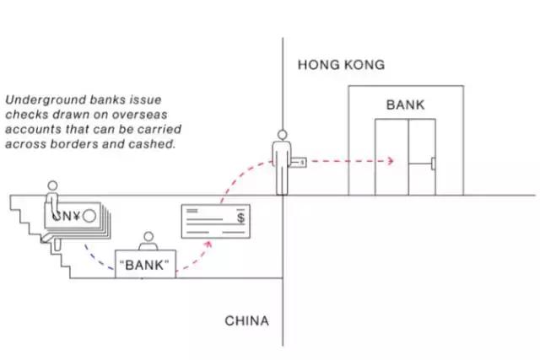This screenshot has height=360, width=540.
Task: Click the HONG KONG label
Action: [340, 65]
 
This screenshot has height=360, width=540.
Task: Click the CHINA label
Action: [246, 321]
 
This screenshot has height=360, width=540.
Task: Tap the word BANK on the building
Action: [406, 105]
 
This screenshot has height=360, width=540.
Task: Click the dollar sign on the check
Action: [242, 218]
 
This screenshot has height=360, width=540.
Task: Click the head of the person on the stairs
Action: [52, 185]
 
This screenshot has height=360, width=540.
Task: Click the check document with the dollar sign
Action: [216, 222]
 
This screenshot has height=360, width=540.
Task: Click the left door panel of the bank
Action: [392, 157]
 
